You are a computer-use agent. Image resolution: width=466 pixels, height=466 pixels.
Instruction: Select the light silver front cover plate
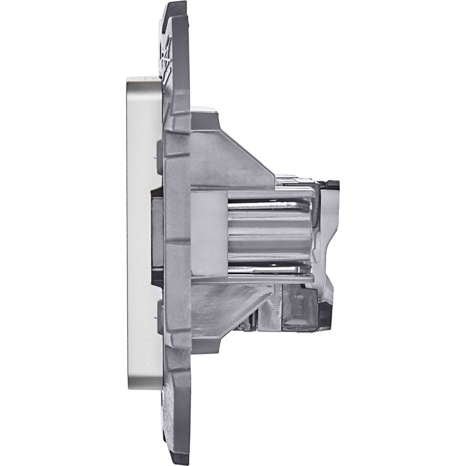139,233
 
